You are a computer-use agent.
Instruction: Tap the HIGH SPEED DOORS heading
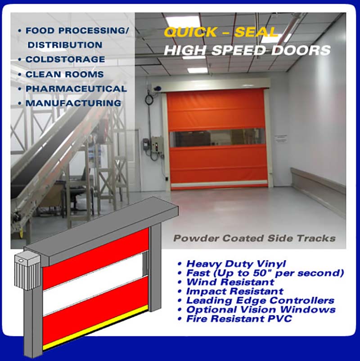[x=247, y=50]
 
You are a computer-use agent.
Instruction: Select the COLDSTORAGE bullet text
[x=65, y=59]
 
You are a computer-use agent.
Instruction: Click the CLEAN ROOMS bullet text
[x=64, y=74]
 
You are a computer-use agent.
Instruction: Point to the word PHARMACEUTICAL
[x=76, y=89]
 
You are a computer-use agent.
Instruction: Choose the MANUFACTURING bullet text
[x=73, y=103]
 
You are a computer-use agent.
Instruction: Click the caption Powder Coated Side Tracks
[x=254, y=238]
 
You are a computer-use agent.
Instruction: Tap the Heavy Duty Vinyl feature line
[x=236, y=264]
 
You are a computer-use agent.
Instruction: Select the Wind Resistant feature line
[x=230, y=282]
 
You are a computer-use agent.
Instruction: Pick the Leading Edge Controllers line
[x=260, y=300]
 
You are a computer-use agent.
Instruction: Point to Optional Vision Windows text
[x=261, y=310]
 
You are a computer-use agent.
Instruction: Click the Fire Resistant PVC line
[x=239, y=319]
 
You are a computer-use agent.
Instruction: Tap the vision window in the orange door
[x=217, y=138]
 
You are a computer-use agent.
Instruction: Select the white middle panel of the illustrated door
[x=95, y=284]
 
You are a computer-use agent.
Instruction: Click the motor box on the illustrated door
[x=27, y=270]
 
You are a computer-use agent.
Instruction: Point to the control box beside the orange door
[x=157, y=144]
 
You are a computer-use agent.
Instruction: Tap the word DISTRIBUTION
[x=65, y=45]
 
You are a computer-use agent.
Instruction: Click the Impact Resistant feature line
[x=234, y=291]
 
